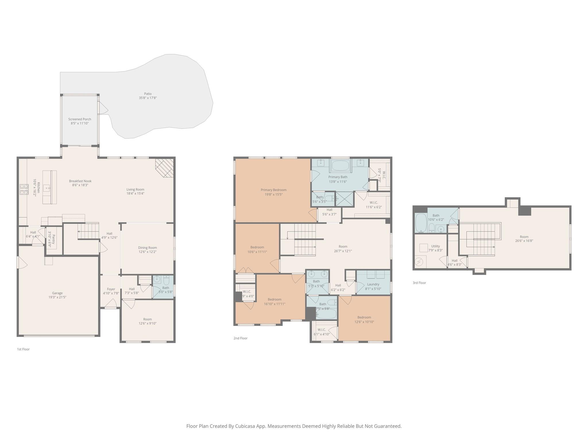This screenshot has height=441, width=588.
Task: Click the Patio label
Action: click(x=148, y=94)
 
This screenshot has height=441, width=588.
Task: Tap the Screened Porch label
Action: click(x=80, y=119)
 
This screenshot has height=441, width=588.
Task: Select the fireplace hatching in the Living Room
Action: click(x=165, y=168)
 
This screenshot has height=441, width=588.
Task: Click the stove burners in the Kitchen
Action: click(x=24, y=189)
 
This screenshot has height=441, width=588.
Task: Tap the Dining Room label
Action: click(x=147, y=247)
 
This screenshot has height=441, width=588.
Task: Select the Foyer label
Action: click(x=111, y=289)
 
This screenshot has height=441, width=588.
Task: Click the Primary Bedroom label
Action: click(x=273, y=190)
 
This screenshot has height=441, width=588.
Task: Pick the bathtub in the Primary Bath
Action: click(x=340, y=166)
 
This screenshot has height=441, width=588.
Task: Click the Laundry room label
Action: click(x=373, y=284)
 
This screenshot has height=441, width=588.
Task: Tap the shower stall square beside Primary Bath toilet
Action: click(x=345, y=199)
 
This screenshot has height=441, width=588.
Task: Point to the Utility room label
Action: click(x=435, y=246)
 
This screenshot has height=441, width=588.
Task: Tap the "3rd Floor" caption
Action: click(x=419, y=283)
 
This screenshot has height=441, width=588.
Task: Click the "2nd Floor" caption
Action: click(x=240, y=338)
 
